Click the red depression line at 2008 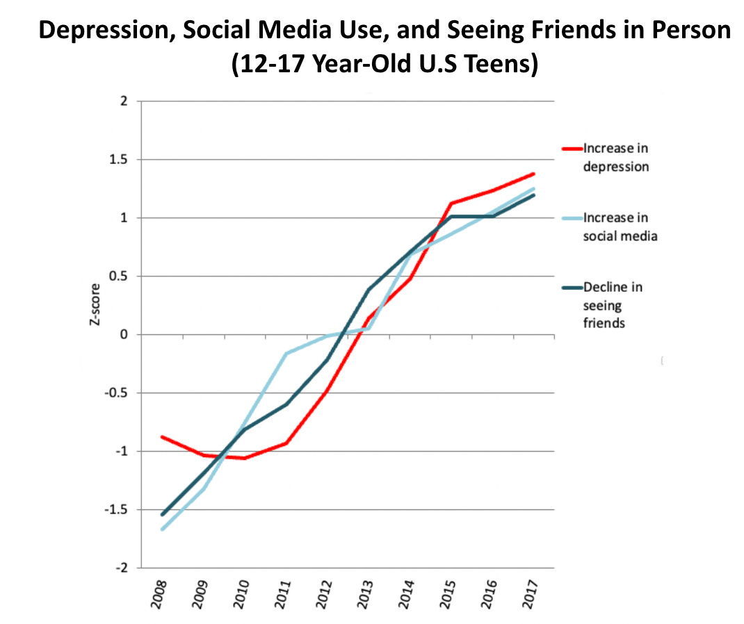click(162, 436)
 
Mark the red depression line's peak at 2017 click(533, 174)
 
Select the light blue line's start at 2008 click(162, 529)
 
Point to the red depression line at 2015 click(451, 204)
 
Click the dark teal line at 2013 click(369, 289)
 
